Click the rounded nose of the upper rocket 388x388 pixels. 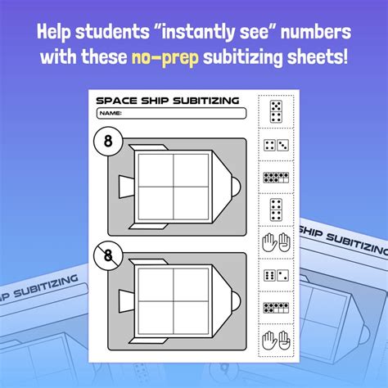pos(235,187)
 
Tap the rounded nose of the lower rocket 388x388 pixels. pos(235,300)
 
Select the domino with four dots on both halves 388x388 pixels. pos(275,209)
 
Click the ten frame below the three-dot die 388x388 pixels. pos(275,176)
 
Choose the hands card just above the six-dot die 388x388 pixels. pos(275,242)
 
